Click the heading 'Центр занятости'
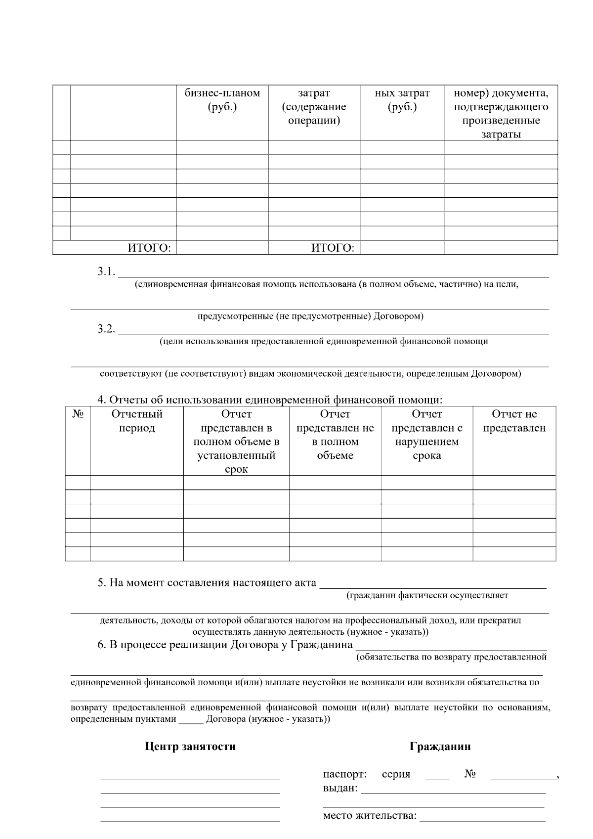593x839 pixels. (x=190, y=747)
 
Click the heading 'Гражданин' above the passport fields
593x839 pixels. (x=440, y=747)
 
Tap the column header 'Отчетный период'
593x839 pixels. (x=137, y=421)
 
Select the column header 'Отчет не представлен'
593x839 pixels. (x=514, y=421)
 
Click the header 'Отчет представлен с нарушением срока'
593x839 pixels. (x=426, y=435)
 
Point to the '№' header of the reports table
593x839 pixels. (x=78, y=414)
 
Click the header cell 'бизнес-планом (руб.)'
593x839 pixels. (x=222, y=100)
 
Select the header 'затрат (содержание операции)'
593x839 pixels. (x=314, y=107)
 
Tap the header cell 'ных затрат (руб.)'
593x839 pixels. (x=402, y=100)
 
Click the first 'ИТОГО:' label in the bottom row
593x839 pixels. (x=149, y=248)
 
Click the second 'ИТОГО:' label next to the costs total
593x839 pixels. (x=333, y=248)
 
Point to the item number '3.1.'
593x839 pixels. (x=106, y=271)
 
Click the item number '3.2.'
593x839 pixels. (x=106, y=329)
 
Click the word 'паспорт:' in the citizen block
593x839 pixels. (x=344, y=774)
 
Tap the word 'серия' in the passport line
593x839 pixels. (x=396, y=774)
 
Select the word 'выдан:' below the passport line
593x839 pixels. (x=340, y=788)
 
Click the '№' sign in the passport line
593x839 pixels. (x=469, y=774)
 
